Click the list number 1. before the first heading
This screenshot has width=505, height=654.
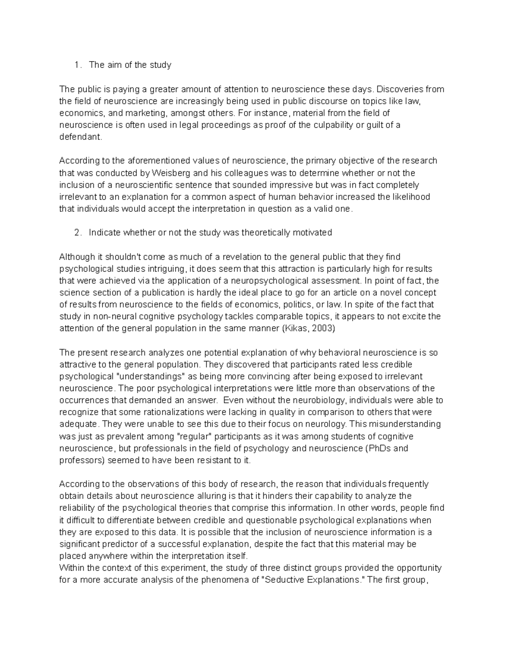(77, 65)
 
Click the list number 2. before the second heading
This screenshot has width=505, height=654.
(77, 232)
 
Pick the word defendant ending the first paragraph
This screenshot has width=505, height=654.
(80, 137)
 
